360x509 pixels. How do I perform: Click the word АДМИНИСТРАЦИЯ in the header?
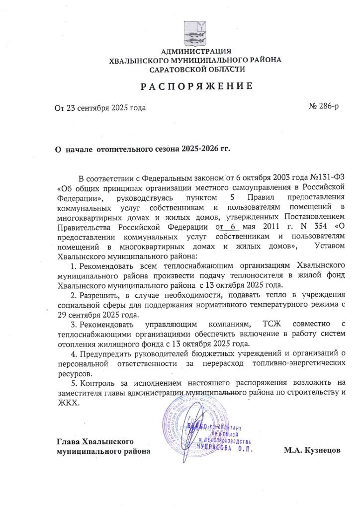tap(196, 51)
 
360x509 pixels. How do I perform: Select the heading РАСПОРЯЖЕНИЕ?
tap(196, 86)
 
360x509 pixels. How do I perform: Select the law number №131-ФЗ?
tap(324, 177)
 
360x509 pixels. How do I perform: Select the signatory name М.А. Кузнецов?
tap(312, 450)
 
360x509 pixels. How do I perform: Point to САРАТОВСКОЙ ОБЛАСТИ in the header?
tap(197, 69)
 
